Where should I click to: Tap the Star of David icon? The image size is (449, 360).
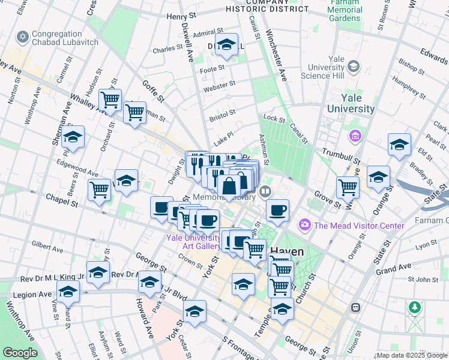click(x=23, y=38)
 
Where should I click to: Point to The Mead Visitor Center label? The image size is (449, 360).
click(x=359, y=226)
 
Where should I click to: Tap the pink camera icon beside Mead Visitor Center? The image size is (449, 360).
click(x=305, y=225)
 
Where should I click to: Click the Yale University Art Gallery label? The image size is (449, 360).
click(x=194, y=242)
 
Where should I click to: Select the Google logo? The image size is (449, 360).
click(x=20, y=353)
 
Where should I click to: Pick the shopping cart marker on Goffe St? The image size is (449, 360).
click(x=135, y=112)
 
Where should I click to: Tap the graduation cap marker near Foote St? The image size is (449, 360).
click(x=226, y=45)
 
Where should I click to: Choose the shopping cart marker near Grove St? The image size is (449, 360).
click(x=348, y=187)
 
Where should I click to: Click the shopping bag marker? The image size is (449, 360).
click(x=229, y=186)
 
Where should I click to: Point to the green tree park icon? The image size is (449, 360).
click(x=414, y=308)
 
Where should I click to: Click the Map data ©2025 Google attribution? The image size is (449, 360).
click(x=411, y=355)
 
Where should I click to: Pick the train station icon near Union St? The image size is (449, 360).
click(x=355, y=307)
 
